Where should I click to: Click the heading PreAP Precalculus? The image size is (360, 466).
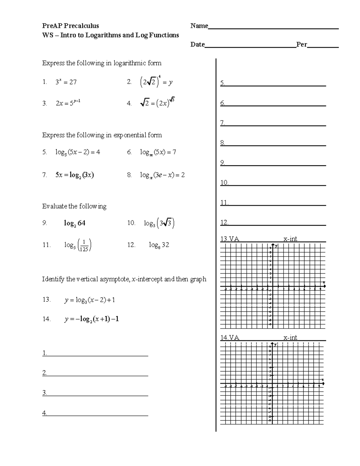(x=70, y=26)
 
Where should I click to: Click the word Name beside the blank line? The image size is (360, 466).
(x=199, y=26)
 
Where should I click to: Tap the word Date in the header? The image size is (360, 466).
(x=197, y=44)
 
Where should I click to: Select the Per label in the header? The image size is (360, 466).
(x=301, y=44)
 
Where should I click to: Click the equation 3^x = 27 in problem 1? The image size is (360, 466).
(x=66, y=82)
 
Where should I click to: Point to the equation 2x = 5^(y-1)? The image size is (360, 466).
(x=68, y=103)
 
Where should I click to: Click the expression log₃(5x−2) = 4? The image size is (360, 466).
(x=78, y=152)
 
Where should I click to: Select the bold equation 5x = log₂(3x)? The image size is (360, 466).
(x=74, y=175)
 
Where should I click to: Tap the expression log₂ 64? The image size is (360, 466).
(x=74, y=223)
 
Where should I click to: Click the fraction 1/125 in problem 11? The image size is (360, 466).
(x=84, y=245)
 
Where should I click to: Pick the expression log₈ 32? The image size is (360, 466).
(x=159, y=245)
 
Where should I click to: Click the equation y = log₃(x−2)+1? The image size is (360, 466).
(x=90, y=300)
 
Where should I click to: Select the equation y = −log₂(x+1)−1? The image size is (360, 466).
(x=91, y=319)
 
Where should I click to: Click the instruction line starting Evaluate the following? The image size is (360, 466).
(x=74, y=206)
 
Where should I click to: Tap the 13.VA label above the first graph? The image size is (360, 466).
(x=230, y=239)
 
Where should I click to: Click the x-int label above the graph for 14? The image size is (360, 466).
(x=290, y=337)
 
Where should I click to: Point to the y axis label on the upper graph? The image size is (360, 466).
(x=276, y=246)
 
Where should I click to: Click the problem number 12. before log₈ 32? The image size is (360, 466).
(x=131, y=245)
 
